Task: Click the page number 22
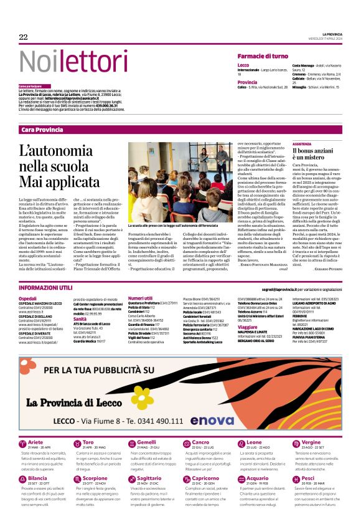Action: pos(24,37)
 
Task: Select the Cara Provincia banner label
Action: pos(42,129)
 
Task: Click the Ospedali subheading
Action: pos(28,299)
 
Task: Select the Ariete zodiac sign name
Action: pos(35,442)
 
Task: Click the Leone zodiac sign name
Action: pos(245,442)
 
